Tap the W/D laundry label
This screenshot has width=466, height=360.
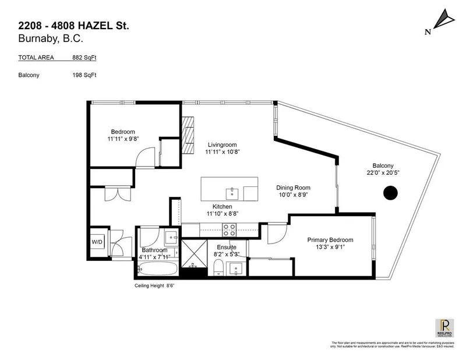tap(97, 242)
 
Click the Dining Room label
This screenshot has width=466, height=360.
tap(293, 188)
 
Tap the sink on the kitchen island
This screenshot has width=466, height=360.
tap(232, 190)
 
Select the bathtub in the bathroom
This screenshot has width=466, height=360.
tap(158, 269)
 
